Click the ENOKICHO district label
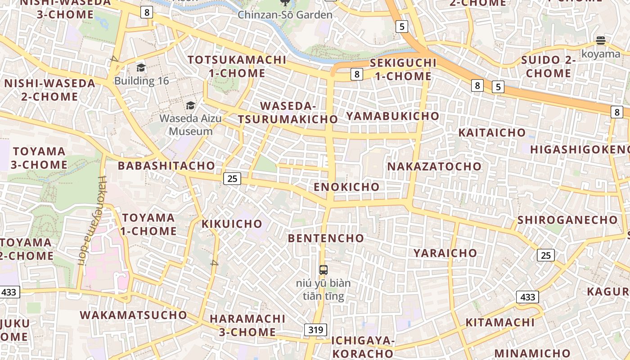346,187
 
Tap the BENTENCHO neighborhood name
326,238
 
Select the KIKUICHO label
232,224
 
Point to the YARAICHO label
445,253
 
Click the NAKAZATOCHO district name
434,166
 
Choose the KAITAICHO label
492,133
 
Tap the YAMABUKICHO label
392,116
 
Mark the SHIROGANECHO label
567,220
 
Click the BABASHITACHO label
166,166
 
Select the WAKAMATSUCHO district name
133,315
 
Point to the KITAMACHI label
500,323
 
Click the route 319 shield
315,330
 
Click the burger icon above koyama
600,41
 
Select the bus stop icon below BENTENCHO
323,270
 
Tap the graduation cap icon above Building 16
141,68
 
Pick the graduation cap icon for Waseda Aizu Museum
190,106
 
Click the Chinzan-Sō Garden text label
285,15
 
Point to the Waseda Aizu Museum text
190,125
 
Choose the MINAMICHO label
532,353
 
